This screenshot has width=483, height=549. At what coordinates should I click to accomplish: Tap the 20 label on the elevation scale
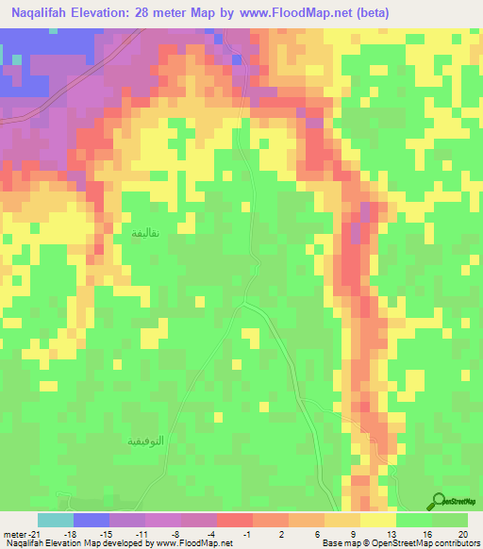(461, 533)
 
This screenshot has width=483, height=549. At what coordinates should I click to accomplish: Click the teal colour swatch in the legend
(56, 520)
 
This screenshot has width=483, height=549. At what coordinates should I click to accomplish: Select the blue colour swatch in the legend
(92, 520)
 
